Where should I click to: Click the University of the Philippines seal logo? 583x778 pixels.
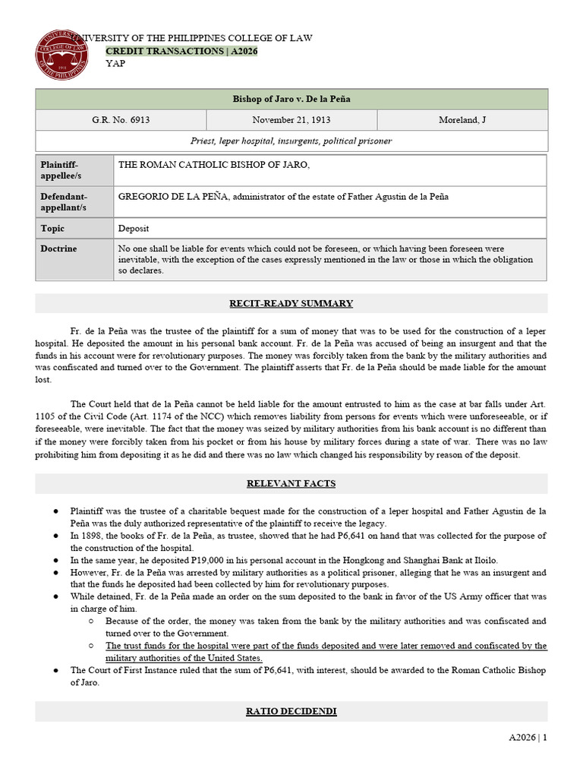(x=63, y=57)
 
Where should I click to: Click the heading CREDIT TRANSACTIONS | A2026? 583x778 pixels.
(x=182, y=51)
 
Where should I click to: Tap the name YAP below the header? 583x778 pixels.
(x=116, y=63)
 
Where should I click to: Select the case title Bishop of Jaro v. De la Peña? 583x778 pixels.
(x=291, y=99)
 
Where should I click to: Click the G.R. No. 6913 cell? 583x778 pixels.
(x=121, y=120)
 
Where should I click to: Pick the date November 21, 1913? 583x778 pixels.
(x=291, y=120)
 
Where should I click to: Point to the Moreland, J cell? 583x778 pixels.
(x=463, y=120)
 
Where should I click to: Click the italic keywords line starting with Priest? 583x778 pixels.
(x=291, y=141)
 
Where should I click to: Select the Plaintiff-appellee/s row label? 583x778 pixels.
(x=60, y=170)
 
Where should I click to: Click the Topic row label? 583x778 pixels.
(x=53, y=228)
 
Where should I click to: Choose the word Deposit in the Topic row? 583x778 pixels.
(x=134, y=228)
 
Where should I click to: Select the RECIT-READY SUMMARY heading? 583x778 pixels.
(x=291, y=303)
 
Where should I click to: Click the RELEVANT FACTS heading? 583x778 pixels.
(x=291, y=483)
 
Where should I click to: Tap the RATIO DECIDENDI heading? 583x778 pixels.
(x=291, y=711)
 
